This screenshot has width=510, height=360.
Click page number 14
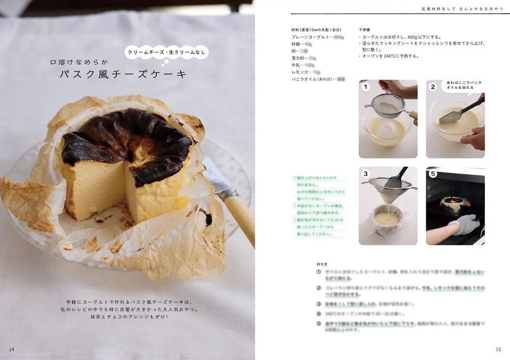[11, 349]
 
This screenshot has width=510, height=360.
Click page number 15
[498, 349]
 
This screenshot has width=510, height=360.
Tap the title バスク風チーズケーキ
[123, 75]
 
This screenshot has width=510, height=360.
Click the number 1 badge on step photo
[365, 87]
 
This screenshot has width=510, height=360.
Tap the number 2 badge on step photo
[432, 87]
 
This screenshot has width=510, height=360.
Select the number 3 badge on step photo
[365, 174]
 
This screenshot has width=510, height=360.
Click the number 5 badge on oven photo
[432, 174]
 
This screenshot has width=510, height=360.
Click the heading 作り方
[322, 264]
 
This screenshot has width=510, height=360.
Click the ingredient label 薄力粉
[300, 58]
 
